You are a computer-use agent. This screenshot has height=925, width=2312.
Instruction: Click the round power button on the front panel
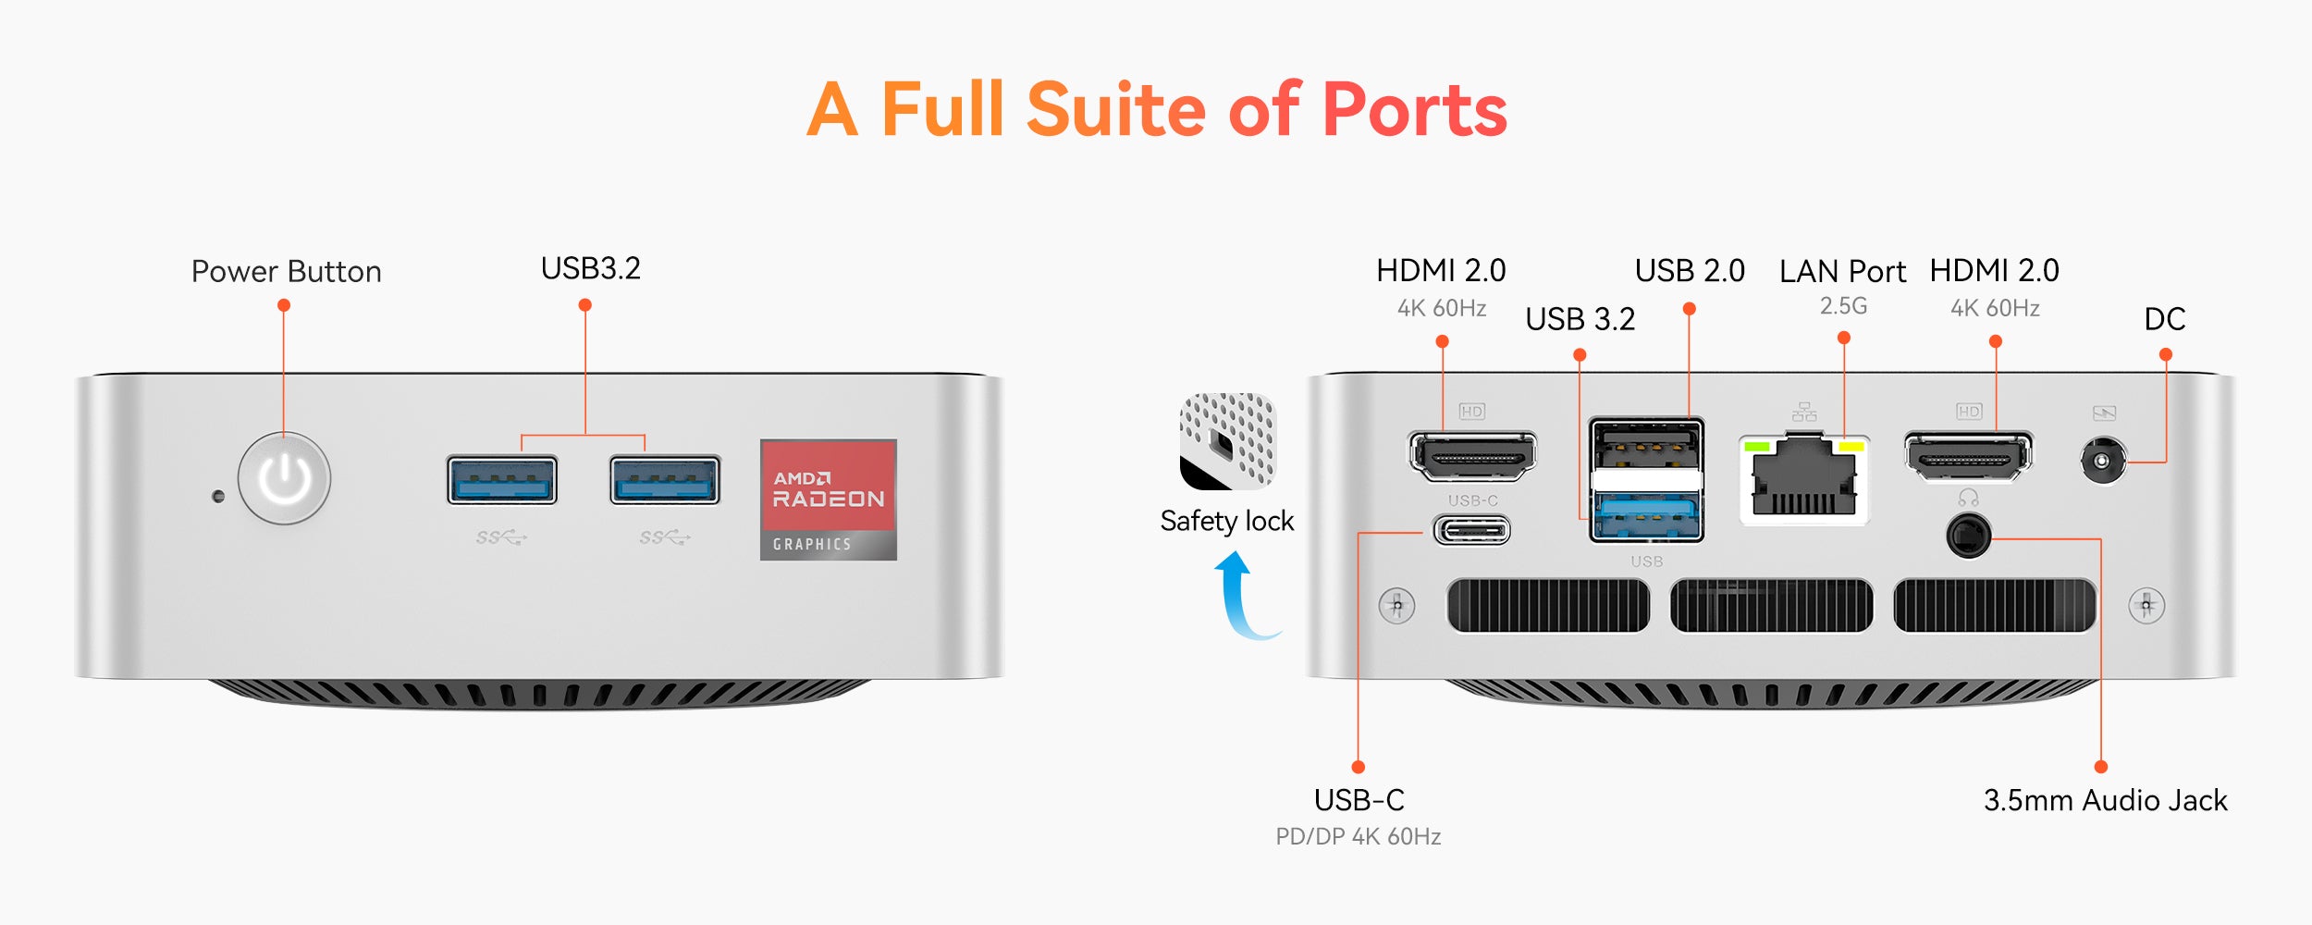click(284, 478)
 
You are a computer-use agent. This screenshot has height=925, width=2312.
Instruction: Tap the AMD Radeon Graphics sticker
click(828, 499)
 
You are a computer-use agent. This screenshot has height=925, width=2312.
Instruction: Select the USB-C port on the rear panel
click(1471, 531)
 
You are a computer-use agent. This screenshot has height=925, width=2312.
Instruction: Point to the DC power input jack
click(2102, 461)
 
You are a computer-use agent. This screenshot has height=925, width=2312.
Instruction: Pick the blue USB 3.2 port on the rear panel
click(1646, 518)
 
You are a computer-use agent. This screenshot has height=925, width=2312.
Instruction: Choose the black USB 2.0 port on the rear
click(1646, 445)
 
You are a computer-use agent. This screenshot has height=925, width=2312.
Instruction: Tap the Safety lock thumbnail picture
click(1227, 441)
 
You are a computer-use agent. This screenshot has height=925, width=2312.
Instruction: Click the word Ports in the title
click(1415, 110)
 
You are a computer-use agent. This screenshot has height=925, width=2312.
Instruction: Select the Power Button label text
click(286, 272)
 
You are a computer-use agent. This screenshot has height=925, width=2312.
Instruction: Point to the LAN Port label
click(1842, 272)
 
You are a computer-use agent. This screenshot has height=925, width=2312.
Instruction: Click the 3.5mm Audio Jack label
click(2105, 800)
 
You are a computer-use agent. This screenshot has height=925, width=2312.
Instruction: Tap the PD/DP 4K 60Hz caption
click(1358, 837)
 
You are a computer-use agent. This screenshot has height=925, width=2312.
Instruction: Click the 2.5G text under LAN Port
click(1843, 306)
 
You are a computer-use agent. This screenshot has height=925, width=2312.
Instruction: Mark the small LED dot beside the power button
click(218, 497)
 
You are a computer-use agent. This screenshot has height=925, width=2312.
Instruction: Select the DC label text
click(2164, 319)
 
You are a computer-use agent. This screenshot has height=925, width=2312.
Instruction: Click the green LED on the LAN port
click(1756, 448)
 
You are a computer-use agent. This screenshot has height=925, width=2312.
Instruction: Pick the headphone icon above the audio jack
click(1968, 499)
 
